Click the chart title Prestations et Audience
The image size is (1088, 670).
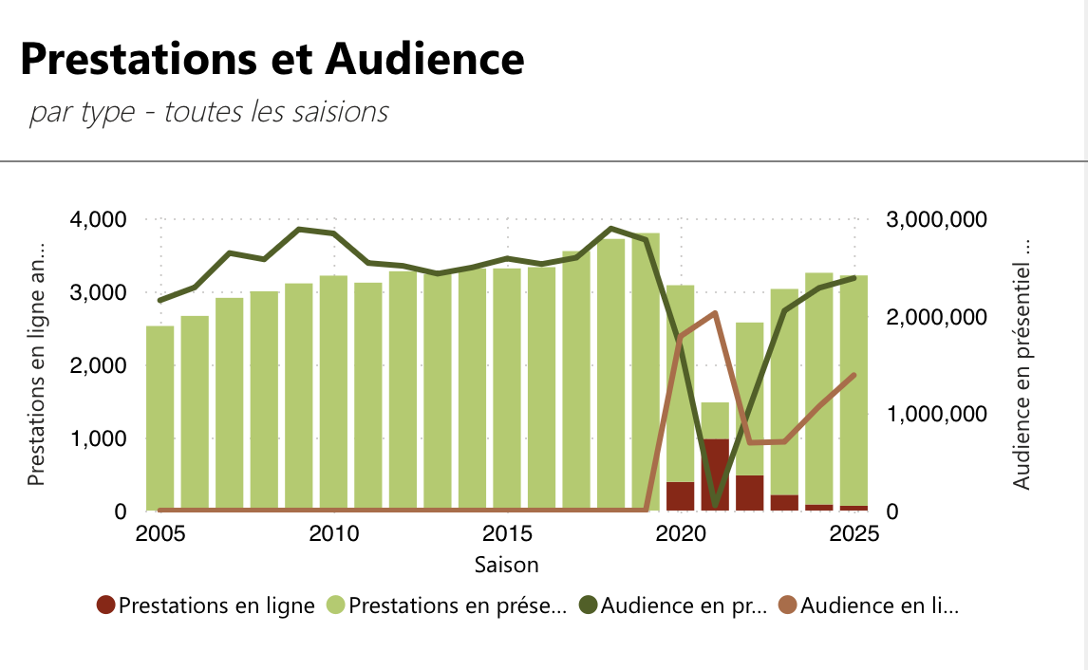point(272,59)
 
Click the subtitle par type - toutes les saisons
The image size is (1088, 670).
point(209,111)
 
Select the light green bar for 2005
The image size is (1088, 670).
point(159,418)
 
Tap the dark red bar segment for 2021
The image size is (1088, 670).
point(715,475)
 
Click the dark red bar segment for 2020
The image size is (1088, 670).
point(680,496)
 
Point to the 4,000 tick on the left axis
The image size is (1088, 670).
point(101,219)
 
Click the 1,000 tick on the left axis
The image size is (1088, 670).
point(101,438)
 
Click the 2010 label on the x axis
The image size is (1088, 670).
point(333,533)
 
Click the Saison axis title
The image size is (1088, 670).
point(506,566)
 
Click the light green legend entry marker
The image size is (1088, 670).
point(336,605)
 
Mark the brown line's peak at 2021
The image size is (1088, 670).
point(715,313)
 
